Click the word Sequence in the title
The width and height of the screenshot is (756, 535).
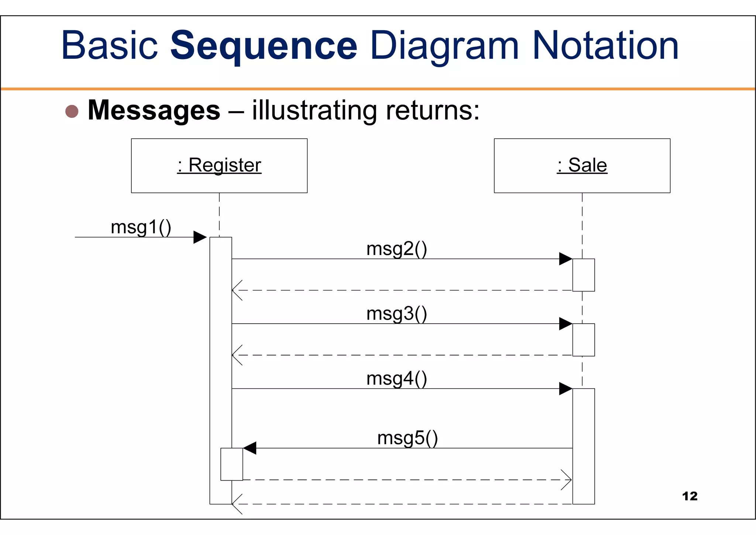click(x=264, y=46)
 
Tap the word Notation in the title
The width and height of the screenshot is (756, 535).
click(x=605, y=46)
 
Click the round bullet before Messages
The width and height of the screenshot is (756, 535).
click(x=72, y=111)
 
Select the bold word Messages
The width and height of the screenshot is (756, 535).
click(x=154, y=110)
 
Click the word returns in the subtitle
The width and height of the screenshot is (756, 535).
click(x=432, y=110)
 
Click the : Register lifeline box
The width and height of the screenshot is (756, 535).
click(x=219, y=166)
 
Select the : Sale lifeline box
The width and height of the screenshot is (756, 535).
click(x=582, y=166)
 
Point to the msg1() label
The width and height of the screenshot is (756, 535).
click(x=141, y=227)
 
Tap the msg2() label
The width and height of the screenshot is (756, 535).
click(x=396, y=249)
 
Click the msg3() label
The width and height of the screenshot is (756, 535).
click(x=396, y=314)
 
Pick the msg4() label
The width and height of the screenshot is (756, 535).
click(x=396, y=379)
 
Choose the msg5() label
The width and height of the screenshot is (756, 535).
click(x=408, y=438)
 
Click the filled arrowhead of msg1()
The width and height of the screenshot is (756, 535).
click(x=200, y=237)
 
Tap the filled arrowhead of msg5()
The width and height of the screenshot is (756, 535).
click(x=250, y=448)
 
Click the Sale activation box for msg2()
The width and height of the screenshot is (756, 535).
click(x=583, y=275)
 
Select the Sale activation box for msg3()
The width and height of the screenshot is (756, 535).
click(x=583, y=340)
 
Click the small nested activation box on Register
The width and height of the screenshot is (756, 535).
click(x=231, y=464)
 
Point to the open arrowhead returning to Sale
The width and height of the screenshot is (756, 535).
click(x=567, y=480)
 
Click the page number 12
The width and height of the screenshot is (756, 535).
click(x=690, y=496)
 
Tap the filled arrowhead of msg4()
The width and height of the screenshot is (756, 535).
click(x=566, y=389)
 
